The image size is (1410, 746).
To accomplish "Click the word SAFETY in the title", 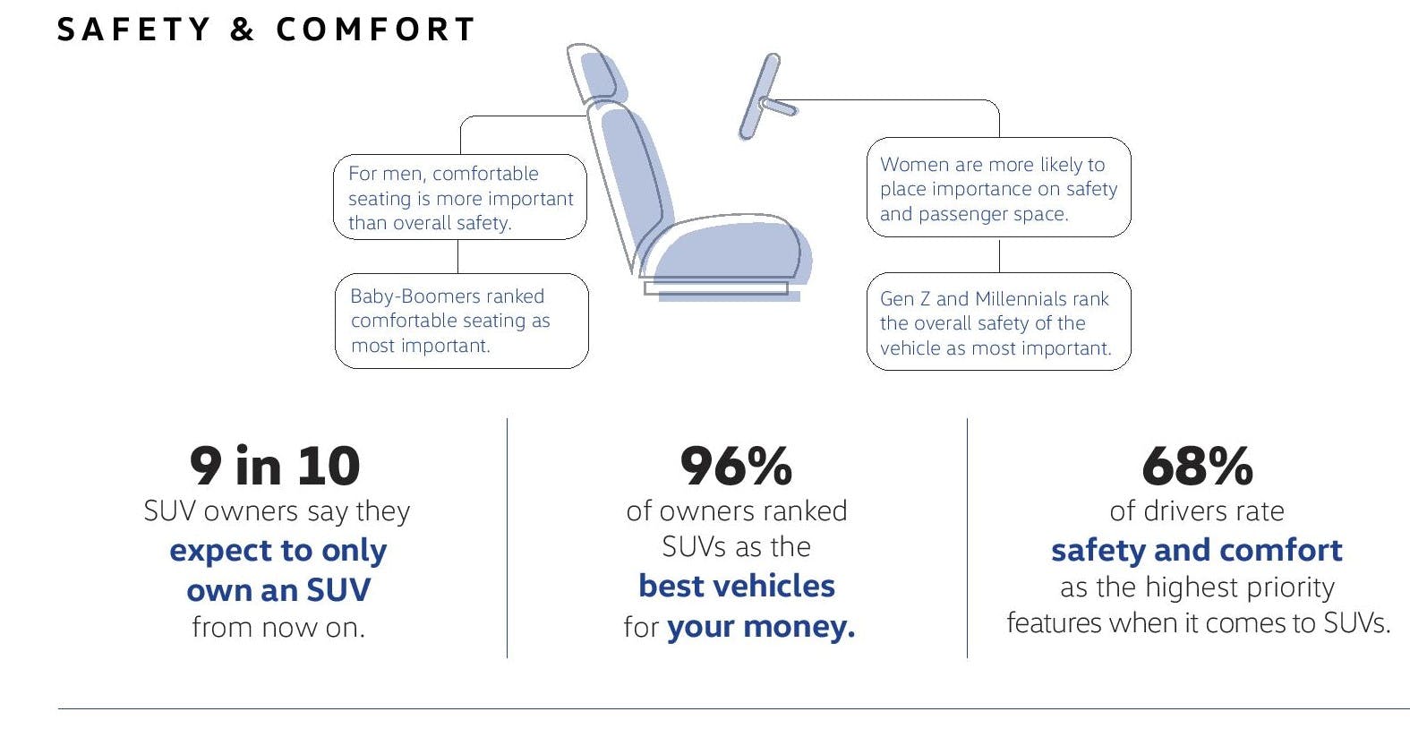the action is pos(133,30).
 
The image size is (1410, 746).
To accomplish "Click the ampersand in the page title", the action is pos(243,30).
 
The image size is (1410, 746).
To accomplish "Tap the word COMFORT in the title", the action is pos(375,30).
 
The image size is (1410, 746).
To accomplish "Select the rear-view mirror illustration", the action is pos(765,98).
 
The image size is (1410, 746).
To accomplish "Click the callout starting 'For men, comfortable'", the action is pos(460,197).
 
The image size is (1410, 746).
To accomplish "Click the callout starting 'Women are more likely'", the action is pos(999,187).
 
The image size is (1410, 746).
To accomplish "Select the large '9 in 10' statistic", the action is pos(275,467).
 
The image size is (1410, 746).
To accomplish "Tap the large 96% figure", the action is pos(737,467).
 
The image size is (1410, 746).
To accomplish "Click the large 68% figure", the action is pos(1197,467).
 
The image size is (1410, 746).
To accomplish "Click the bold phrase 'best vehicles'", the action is pos(737,586).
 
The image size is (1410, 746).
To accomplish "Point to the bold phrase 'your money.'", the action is pos(761,627).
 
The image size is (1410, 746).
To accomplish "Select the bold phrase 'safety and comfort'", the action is pos(1197,550).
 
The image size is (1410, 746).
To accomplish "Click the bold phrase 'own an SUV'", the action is pos(278,590).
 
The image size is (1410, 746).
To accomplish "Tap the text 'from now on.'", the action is pos(278,627).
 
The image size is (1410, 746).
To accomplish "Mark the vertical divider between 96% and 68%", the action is pos(967,538).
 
